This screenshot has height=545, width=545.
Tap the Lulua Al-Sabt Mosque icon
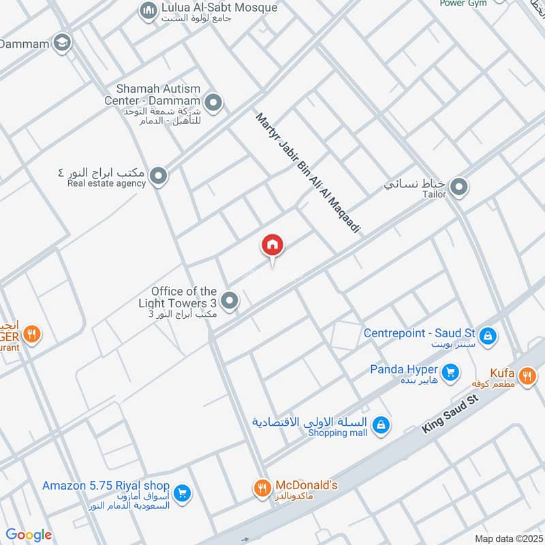(147, 10)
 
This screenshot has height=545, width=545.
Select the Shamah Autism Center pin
(214, 104)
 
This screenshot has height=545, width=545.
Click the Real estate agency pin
(159, 177)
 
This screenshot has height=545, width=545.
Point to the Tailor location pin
(460, 186)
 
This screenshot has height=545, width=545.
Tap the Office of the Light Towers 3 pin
(230, 300)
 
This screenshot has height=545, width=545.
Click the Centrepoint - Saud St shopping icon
(488, 335)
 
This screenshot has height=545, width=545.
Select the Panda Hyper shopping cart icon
(450, 372)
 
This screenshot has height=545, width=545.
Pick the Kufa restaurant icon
(527, 375)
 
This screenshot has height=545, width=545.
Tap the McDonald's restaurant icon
(262, 488)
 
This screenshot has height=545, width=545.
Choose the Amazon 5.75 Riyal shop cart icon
(181, 493)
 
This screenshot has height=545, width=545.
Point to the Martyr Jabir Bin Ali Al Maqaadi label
(307, 174)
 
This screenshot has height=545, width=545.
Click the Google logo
(29, 535)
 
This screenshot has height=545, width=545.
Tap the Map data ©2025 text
(507, 538)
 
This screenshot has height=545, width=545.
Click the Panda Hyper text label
(404, 369)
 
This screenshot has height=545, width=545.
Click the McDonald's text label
(306, 485)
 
